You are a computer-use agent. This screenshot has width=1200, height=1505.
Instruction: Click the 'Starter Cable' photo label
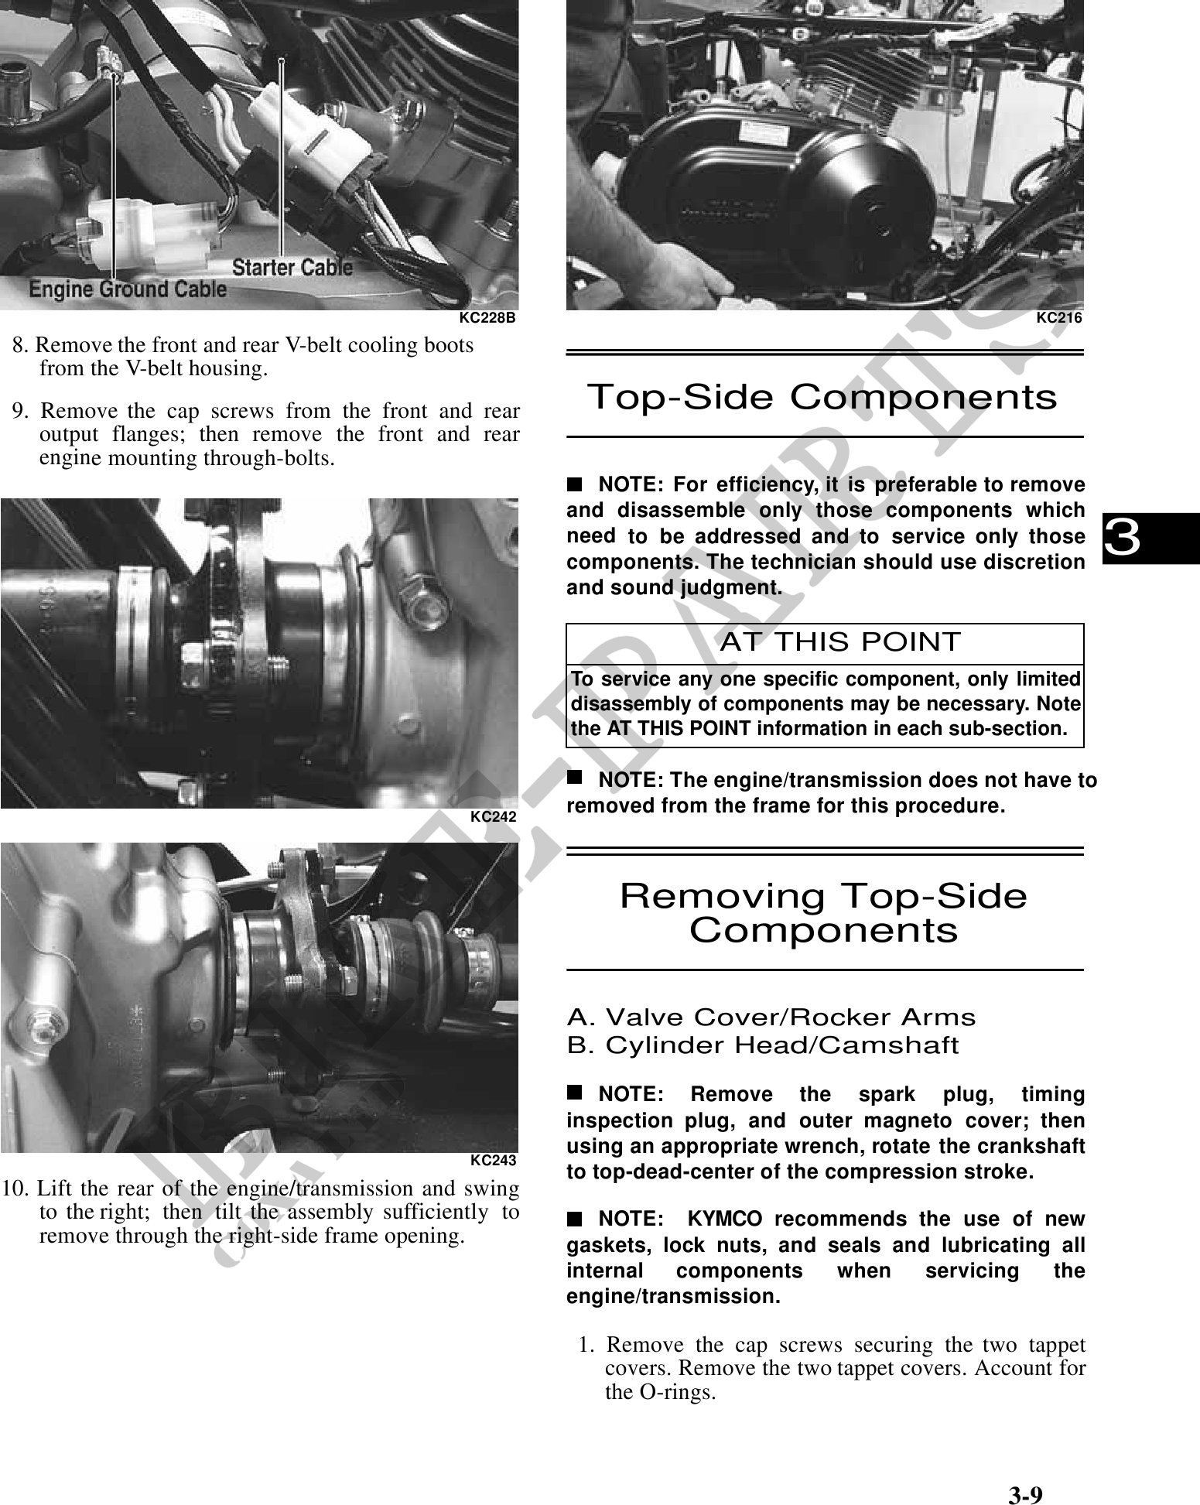292,268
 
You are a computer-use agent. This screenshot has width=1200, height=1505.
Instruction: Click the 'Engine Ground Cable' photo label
128,290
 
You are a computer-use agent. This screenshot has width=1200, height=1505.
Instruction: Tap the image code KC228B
487,318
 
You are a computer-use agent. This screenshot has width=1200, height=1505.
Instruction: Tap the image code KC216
1058,317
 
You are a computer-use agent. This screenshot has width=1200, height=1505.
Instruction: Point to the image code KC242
493,816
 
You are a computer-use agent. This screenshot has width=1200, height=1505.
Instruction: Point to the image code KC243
493,1160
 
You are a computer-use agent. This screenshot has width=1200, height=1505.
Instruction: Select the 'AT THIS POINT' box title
840,641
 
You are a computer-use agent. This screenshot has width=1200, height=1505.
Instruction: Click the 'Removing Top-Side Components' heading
824,913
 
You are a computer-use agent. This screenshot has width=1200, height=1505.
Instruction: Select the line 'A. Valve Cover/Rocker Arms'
771,1017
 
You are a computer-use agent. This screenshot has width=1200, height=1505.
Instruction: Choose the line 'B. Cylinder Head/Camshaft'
762,1045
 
